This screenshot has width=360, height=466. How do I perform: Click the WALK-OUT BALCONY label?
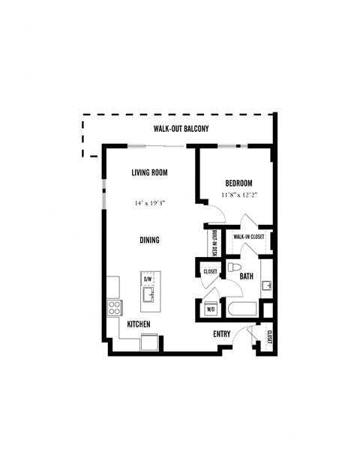tap(181, 129)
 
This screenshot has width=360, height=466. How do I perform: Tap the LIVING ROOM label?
tap(149, 172)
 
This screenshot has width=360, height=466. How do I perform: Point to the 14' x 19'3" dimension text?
tap(149, 202)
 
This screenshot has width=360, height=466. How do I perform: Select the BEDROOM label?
tap(238, 184)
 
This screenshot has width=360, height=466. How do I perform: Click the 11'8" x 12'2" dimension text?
tap(238, 196)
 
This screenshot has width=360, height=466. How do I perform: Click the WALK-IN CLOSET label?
tap(250, 237)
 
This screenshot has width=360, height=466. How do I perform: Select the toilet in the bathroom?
tap(233, 267)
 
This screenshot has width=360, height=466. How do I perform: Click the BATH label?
tap(246, 276)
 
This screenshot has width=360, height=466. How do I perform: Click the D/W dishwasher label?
tap(148, 279)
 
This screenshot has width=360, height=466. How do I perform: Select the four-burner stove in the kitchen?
tap(115, 306)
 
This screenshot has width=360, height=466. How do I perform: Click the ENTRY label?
tap(221, 334)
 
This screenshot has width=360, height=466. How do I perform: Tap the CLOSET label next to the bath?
tap(209, 271)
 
